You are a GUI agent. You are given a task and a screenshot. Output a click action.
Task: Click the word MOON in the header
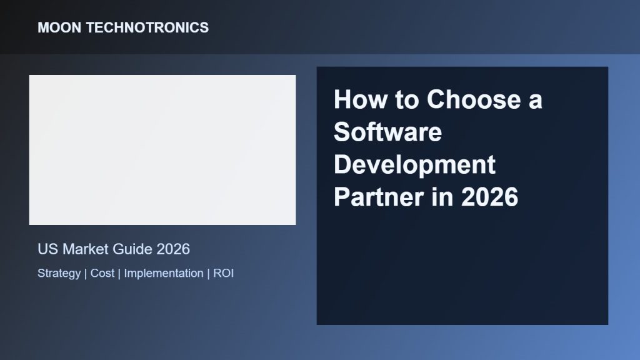[x=59, y=27]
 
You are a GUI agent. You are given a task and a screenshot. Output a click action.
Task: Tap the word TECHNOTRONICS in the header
[x=147, y=27]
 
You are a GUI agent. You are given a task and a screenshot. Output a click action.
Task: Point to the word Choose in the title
[x=474, y=99]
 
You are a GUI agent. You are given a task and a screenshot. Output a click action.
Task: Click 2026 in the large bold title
[x=489, y=197]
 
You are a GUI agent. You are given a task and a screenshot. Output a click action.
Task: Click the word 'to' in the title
[x=406, y=99]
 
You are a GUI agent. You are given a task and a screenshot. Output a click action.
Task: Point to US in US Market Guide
[x=47, y=249]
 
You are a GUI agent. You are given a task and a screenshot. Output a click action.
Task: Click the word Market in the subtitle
[x=85, y=249]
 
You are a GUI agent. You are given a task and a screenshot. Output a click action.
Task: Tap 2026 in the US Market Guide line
[x=173, y=249]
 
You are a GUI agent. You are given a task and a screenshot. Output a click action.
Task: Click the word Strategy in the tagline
[x=59, y=274]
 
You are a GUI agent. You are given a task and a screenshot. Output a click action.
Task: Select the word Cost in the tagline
[x=102, y=273]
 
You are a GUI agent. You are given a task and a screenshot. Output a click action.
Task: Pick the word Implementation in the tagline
[x=164, y=274]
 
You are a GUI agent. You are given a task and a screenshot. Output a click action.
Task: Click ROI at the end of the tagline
[x=223, y=273]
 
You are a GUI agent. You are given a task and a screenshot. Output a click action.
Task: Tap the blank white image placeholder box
[x=162, y=150]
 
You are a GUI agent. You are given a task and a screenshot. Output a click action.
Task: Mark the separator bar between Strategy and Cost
[x=85, y=274]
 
